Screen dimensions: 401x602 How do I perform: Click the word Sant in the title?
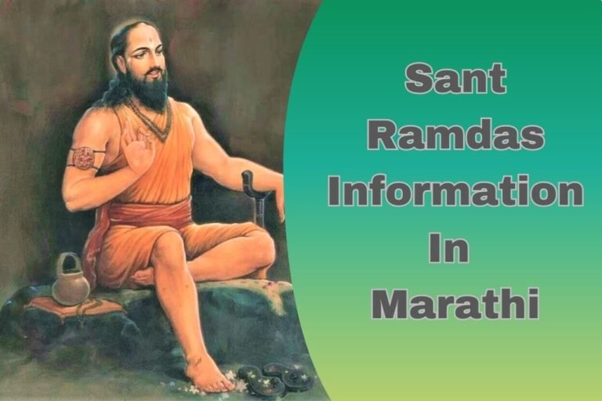[455, 79]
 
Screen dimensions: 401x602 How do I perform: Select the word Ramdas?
[455, 135]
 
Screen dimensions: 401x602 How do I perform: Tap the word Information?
[455, 192]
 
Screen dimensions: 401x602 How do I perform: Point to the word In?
[448, 247]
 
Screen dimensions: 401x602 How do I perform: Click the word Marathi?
[455, 303]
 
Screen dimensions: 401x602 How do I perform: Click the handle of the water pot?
[70, 261]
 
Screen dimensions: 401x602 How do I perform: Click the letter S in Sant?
[420, 79]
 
